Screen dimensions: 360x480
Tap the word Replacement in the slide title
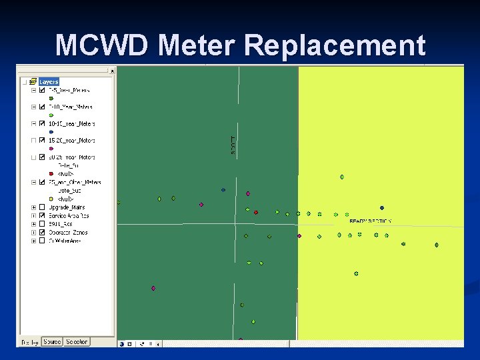(x=335, y=46)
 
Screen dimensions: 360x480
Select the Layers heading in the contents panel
(x=49, y=82)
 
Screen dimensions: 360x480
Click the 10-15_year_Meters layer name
(x=72, y=124)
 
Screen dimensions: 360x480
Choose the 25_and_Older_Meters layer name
(x=74, y=182)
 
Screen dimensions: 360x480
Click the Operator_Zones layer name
(x=68, y=233)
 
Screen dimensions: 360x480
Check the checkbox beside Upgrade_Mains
(x=42, y=207)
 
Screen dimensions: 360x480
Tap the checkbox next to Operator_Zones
(x=42, y=233)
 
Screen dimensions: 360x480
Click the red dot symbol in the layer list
(x=51, y=174)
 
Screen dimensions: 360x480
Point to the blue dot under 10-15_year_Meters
(x=51, y=132)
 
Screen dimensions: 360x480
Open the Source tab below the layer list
(x=51, y=342)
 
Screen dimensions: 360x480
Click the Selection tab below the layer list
(x=77, y=342)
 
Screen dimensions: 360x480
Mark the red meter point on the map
(x=256, y=213)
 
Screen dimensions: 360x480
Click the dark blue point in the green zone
(x=223, y=190)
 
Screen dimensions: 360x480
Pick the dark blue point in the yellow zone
(x=382, y=208)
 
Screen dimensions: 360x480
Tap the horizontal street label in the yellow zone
(x=371, y=221)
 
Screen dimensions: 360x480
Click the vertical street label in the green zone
(x=233, y=145)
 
